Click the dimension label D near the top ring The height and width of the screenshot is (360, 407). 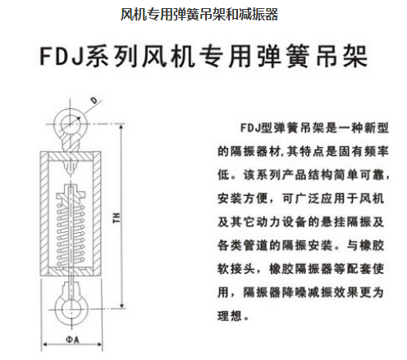[x=94, y=100]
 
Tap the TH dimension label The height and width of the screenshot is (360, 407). [x=117, y=218]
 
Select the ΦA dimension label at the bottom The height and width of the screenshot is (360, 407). [x=72, y=339]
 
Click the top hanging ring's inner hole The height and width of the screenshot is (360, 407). [x=71, y=125]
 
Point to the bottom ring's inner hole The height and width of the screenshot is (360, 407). [x=71, y=309]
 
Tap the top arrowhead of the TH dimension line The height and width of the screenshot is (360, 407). [x=122, y=127]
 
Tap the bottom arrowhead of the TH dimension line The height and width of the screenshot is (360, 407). [x=122, y=305]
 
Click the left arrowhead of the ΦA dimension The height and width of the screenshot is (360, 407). [x=44, y=345]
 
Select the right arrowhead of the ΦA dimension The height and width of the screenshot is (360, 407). [x=99, y=345]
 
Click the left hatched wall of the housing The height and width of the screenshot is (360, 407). [x=44, y=213]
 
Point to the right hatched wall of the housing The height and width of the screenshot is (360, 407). [x=97, y=213]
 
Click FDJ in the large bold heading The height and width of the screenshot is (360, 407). [x=62, y=57]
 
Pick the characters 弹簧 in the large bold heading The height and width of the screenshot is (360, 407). [x=284, y=57]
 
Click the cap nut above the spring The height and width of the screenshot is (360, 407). [x=71, y=194]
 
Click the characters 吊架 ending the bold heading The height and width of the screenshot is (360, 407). [x=341, y=57]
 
